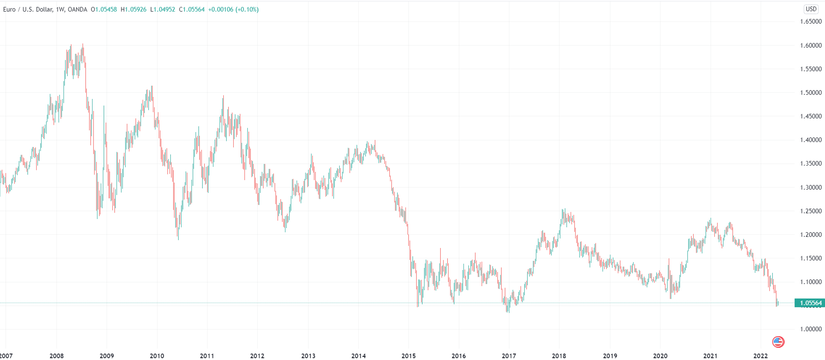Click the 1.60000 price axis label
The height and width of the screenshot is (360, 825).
(810, 45)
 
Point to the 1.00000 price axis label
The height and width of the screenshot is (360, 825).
(810, 329)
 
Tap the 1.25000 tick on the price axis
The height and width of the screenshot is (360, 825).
(810, 211)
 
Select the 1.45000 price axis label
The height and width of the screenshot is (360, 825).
(810, 116)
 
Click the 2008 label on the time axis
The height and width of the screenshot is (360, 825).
(56, 356)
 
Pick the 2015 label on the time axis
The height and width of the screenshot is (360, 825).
(408, 356)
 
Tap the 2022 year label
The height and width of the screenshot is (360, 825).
(760, 356)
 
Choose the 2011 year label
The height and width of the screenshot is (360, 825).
(207, 356)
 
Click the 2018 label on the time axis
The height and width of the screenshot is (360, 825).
(559, 356)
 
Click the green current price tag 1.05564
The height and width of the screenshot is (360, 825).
(810, 303)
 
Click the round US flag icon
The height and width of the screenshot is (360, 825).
(778, 342)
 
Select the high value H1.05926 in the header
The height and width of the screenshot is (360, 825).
(133, 9)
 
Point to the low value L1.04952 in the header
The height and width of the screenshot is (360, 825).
(162, 9)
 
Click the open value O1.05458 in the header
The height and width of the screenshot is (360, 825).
(104, 9)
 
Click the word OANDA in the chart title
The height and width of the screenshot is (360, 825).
(77, 9)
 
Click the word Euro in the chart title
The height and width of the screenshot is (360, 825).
(9, 9)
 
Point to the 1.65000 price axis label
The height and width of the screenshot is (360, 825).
(810, 22)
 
